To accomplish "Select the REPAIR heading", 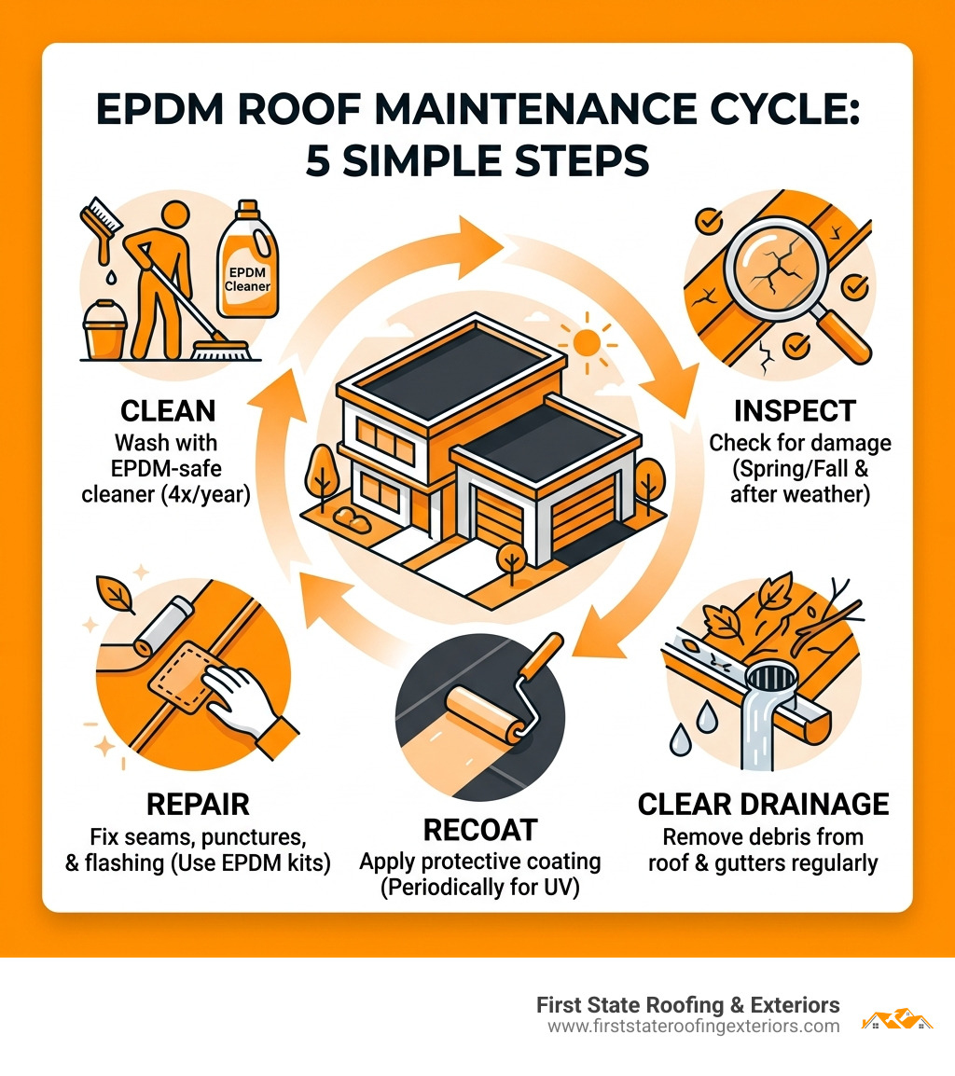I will click(x=197, y=805).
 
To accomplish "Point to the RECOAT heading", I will click(x=480, y=829).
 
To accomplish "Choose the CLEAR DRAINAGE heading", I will click(x=763, y=805).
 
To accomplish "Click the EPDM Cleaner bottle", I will click(x=247, y=263).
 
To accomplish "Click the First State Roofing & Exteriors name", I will click(x=688, y=1005).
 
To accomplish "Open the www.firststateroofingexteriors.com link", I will click(x=693, y=1026).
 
